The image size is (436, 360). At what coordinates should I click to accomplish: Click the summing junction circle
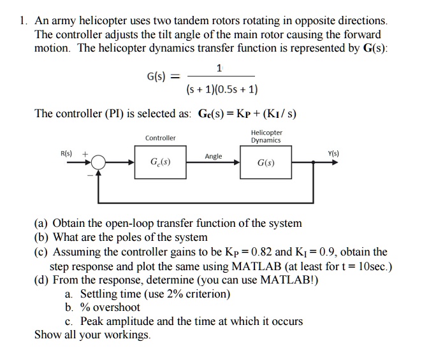pos(98,162)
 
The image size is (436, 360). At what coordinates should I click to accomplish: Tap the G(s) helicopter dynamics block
pos(266,163)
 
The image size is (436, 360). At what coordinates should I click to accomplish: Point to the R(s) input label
pos(66,153)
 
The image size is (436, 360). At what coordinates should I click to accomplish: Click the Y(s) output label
pos(333,153)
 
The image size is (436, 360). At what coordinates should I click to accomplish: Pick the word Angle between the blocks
pos(214,156)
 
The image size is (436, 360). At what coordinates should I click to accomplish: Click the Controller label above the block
pos(160,138)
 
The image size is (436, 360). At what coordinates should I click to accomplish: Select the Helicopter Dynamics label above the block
pos(266,136)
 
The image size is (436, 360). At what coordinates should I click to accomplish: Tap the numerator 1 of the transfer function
pos(219,68)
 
